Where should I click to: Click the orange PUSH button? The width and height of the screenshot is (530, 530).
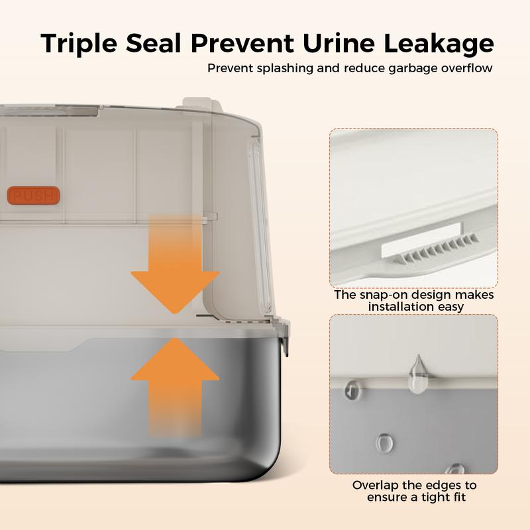pos(33,195)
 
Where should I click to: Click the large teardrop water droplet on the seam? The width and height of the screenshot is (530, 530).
pos(418,374)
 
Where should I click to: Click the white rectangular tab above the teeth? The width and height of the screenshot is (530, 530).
pos(421,239)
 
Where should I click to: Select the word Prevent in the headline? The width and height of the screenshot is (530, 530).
pos(242,43)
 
